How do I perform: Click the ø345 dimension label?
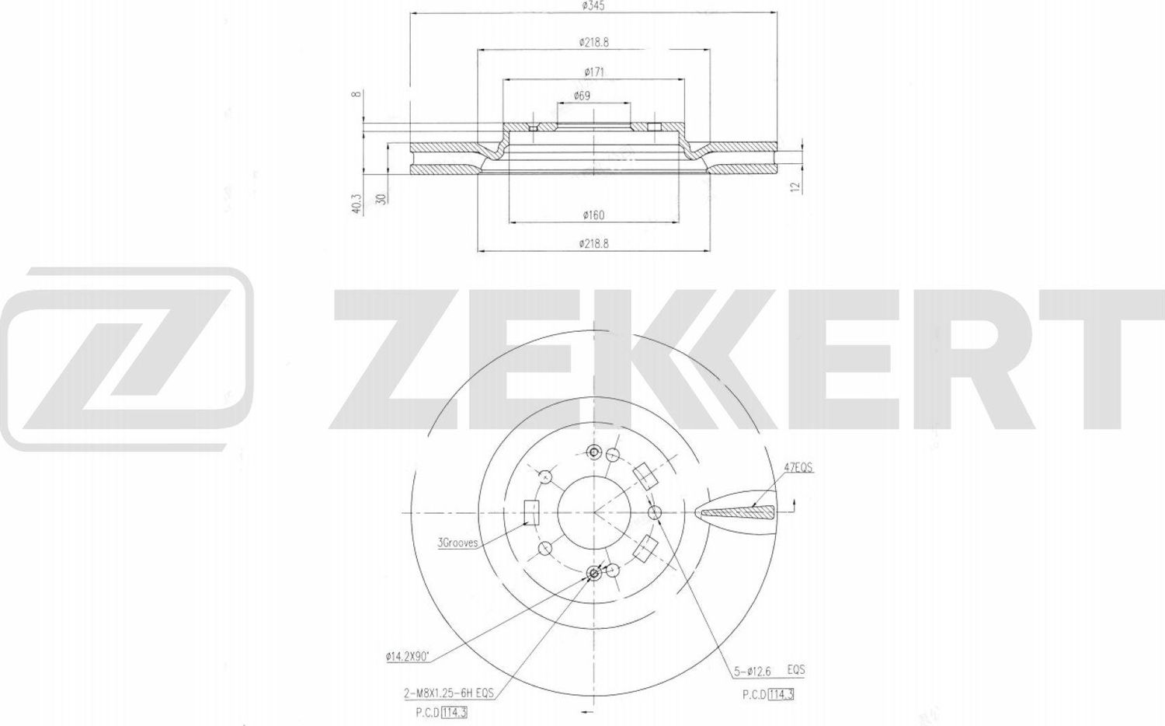593,5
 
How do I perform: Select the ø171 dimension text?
594,72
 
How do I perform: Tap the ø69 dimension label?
582,96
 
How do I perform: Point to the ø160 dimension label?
593,215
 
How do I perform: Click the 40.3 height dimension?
356,204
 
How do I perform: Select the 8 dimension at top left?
356,94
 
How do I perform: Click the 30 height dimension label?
381,199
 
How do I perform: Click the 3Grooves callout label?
457,543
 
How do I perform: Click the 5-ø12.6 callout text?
752,670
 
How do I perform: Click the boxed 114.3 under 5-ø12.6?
781,693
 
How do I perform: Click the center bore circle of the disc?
594,512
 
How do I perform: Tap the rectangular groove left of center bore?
532,513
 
